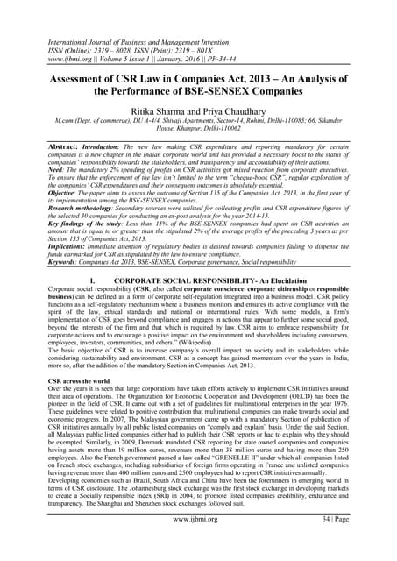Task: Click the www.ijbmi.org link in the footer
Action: (198, 543)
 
